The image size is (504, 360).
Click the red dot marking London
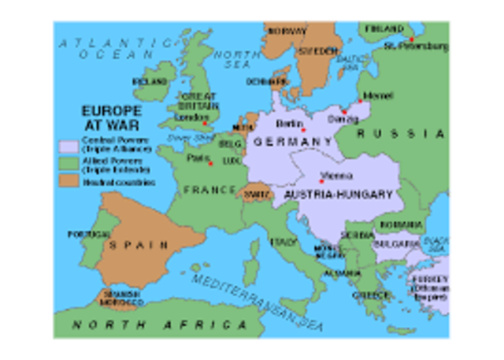point(204,123)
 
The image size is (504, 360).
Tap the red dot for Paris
point(210,164)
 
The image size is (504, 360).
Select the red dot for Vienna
point(321,181)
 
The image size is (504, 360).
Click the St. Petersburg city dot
point(411,38)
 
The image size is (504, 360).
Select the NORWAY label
point(287,32)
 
